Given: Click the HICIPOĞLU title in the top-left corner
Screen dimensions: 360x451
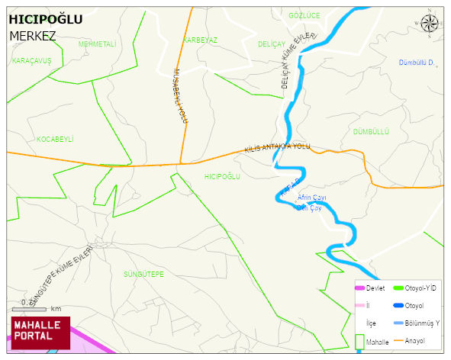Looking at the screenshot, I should click(x=45, y=19).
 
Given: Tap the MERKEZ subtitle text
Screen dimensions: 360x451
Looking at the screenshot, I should click(x=33, y=35).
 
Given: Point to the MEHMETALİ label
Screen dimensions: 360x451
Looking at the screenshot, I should click(x=97, y=44).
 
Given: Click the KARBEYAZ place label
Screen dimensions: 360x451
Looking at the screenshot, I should click(x=201, y=40).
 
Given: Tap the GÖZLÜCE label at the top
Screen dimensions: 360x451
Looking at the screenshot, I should click(x=304, y=15).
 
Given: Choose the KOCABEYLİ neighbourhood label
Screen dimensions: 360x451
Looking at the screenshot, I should click(x=55, y=139).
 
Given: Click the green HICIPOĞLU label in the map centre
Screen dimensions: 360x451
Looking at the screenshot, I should click(x=223, y=176).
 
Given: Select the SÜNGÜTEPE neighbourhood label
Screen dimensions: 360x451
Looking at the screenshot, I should click(x=143, y=273).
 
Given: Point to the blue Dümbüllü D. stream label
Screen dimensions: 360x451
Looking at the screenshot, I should click(x=417, y=63).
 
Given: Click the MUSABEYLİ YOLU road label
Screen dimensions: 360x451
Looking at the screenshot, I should click(x=180, y=95).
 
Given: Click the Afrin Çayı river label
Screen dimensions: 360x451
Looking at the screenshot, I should click(x=312, y=198).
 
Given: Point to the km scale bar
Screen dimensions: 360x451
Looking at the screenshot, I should click(x=35, y=308).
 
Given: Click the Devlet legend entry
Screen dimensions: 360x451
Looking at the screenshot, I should click(x=375, y=288).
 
